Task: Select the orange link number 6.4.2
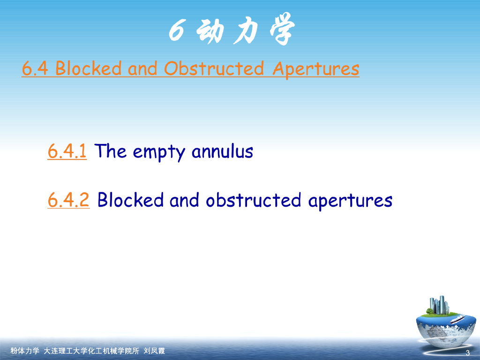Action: pyautogui.click(x=68, y=200)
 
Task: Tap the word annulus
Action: pyautogui.click(x=222, y=151)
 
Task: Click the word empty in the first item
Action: pyautogui.click(x=159, y=153)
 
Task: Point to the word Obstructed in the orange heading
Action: pyautogui.click(x=214, y=68)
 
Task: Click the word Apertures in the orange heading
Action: pyautogui.click(x=315, y=69)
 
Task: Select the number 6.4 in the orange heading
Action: pyautogui.click(x=35, y=68)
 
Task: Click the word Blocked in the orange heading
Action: pyautogui.click(x=88, y=68)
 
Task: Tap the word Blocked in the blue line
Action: pyautogui.click(x=130, y=200)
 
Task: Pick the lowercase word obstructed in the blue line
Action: pyautogui.click(x=254, y=200)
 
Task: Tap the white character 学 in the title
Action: pyautogui.click(x=282, y=29)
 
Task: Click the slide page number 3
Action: pyautogui.click(x=467, y=352)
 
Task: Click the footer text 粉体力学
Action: pyautogui.click(x=25, y=351)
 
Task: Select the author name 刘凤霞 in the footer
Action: pyautogui.click(x=154, y=351)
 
